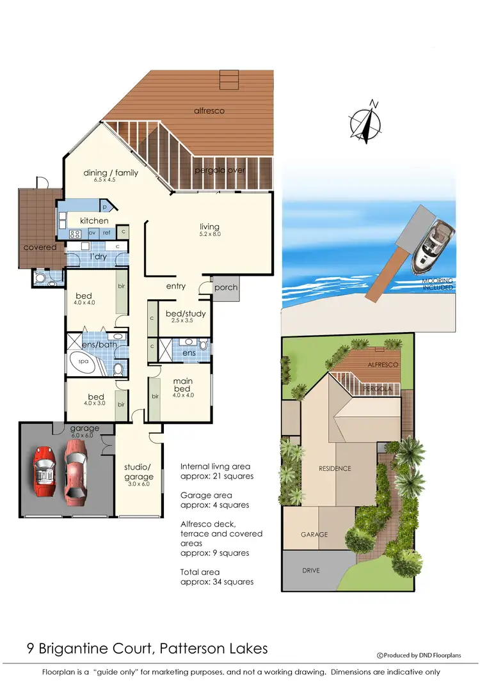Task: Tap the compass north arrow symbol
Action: tap(365, 121)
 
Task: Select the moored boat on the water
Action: tap(433, 245)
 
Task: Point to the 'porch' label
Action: tap(225, 287)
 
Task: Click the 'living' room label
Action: tap(209, 226)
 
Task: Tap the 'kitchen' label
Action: tap(93, 221)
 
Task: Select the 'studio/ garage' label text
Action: tap(138, 472)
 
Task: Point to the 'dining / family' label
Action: tap(111, 173)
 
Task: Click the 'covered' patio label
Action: tap(40, 247)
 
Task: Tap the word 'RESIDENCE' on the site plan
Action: tap(335, 468)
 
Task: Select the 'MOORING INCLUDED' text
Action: tap(438, 284)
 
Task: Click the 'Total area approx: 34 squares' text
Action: tap(217, 577)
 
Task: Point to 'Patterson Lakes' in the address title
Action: tap(218, 649)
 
